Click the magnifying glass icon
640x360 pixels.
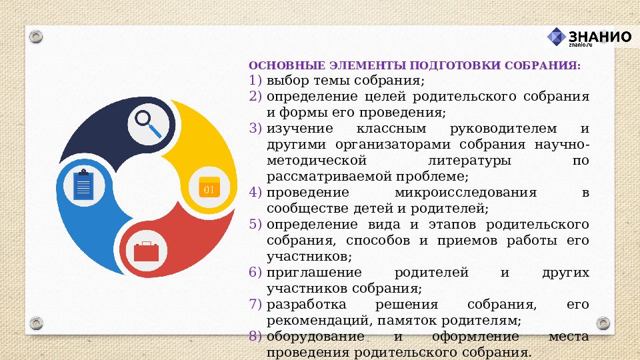click(x=148, y=124)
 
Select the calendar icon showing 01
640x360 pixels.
click(x=209, y=187)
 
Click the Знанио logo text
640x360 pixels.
click(x=599, y=37)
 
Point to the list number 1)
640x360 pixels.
click(x=256, y=81)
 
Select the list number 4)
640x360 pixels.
click(x=256, y=193)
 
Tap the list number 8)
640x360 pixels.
click(x=256, y=337)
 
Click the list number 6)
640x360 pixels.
click(x=256, y=273)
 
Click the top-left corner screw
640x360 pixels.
click(x=36, y=36)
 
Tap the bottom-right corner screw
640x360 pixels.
click(x=603, y=324)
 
